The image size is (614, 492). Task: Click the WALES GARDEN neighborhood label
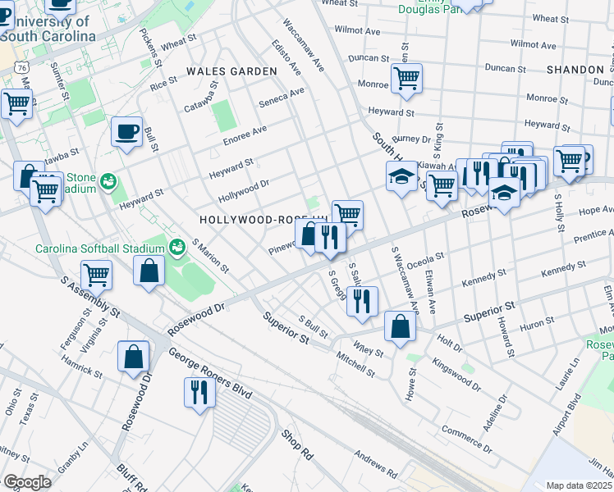(x=231, y=71)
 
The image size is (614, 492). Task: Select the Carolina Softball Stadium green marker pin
(x=176, y=245)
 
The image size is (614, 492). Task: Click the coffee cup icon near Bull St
(x=126, y=132)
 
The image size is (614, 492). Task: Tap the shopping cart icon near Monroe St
(x=406, y=80)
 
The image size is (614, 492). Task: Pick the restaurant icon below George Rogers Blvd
(x=199, y=392)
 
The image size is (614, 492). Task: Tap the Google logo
(x=26, y=481)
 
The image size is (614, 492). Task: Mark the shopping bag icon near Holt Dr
(x=399, y=326)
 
